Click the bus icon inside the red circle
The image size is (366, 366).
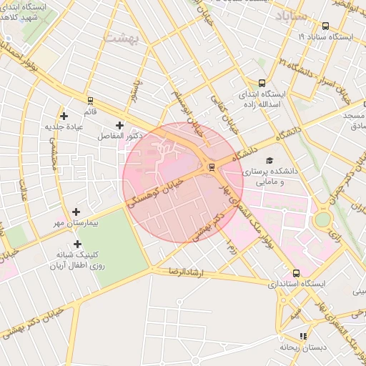211,167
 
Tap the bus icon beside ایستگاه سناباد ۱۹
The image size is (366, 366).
325,25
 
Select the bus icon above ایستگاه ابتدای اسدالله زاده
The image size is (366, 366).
262,83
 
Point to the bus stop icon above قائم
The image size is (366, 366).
90,101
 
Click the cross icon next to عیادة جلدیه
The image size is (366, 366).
64,115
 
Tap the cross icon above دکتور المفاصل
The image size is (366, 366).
129,125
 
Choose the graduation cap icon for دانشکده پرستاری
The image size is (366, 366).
269,161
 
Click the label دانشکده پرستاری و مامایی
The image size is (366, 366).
266,177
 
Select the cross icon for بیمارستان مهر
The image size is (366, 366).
76,212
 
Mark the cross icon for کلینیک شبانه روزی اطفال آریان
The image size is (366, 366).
76,244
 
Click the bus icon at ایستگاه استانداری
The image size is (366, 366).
296,272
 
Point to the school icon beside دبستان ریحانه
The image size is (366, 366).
303,335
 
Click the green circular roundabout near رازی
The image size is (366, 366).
323,219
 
